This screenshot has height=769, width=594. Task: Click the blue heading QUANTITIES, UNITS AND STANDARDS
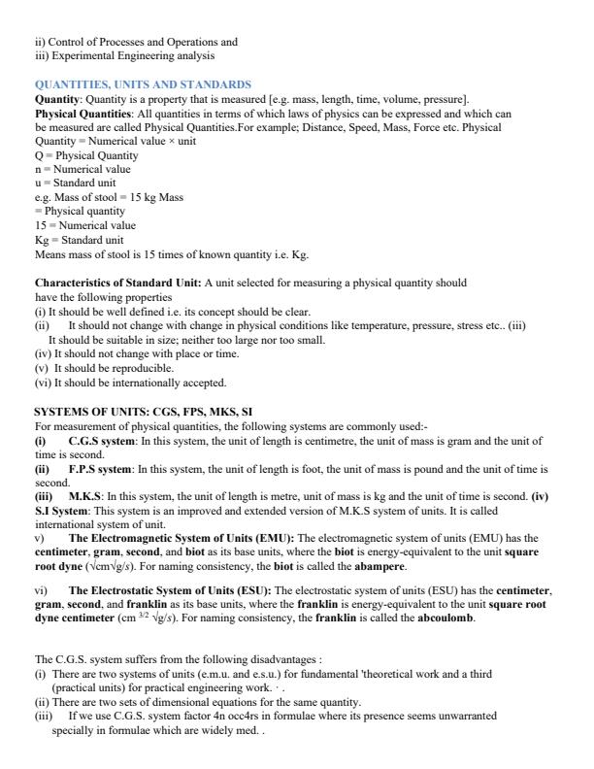pyautogui.click(x=143, y=85)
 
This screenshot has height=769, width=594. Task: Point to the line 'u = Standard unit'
pyautogui.click(x=76, y=183)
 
